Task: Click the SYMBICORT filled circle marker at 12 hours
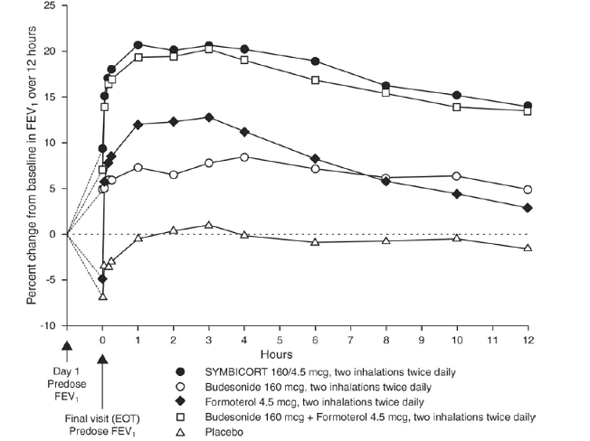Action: [528, 106]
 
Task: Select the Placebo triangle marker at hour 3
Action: [209, 225]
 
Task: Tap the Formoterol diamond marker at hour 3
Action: [209, 117]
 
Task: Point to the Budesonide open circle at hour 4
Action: [244, 157]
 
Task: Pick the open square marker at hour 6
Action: [315, 80]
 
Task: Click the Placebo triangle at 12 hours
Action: [528, 248]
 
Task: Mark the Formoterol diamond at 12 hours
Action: [528, 208]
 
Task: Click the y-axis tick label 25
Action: [49, 6]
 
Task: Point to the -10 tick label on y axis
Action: [47, 325]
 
